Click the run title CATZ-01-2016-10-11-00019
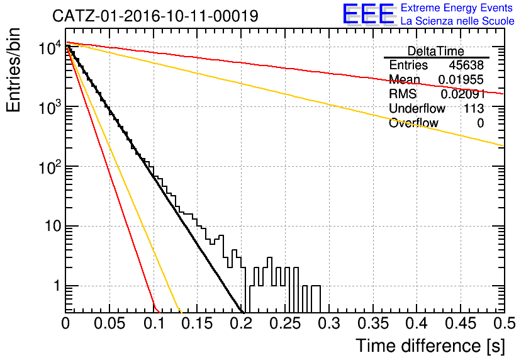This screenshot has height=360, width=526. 155,16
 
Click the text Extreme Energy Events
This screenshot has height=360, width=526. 457,8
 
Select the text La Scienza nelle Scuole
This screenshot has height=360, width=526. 457,21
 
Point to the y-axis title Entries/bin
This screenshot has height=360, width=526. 13,70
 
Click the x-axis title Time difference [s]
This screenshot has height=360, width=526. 430,346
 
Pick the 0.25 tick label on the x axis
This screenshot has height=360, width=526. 286,323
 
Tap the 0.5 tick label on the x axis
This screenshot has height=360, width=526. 505,323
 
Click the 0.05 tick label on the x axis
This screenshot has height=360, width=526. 109,323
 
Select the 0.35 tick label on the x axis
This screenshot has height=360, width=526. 373,323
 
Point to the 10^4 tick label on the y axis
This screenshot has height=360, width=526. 50,48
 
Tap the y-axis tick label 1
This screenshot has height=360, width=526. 57,286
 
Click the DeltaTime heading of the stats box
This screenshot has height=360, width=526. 436,51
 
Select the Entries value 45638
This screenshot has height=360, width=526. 466,65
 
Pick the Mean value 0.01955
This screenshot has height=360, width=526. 461,80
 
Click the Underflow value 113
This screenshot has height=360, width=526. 474,108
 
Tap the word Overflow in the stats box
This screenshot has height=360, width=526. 413,123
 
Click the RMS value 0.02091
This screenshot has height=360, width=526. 462,94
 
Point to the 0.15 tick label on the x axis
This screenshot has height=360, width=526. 198,323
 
